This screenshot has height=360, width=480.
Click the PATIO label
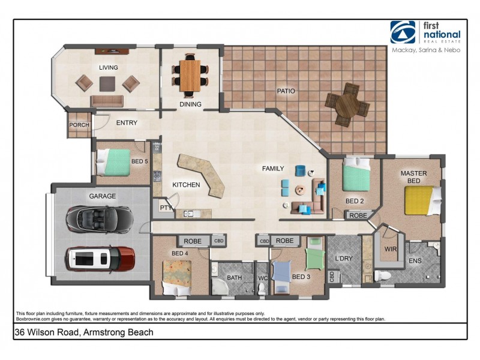286,91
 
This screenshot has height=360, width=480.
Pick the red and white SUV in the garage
100,259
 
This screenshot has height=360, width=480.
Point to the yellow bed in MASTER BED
421,200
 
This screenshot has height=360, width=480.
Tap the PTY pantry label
166,208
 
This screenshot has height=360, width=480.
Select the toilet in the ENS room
383,275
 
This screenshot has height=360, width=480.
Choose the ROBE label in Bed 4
193,241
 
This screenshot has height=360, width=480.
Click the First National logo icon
403,32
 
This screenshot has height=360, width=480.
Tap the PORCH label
79,125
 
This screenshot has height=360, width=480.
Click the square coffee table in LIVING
108,83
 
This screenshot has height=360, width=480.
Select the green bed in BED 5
115,162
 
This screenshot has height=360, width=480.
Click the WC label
262,278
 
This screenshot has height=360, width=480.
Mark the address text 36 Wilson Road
84,332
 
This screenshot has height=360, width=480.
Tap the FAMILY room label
272,169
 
